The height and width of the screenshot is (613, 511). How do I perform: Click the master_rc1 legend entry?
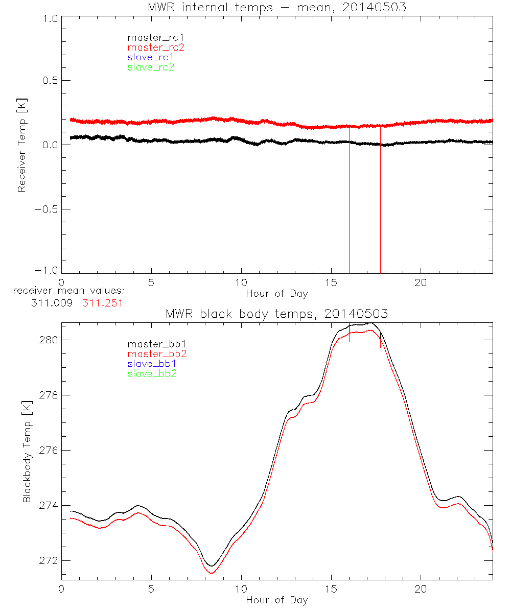pyautogui.click(x=151, y=37)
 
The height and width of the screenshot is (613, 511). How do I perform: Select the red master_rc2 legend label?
pyautogui.click(x=156, y=47)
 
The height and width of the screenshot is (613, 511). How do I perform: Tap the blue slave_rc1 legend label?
pyautogui.click(x=151, y=57)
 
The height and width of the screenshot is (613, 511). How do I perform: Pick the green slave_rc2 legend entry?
pyautogui.click(x=151, y=67)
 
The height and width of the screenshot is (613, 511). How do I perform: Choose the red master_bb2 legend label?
pyautogui.click(x=157, y=354)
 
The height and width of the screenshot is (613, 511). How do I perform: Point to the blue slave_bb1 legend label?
pyautogui.click(x=152, y=364)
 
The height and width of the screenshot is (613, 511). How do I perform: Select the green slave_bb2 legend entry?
pyautogui.click(x=152, y=373)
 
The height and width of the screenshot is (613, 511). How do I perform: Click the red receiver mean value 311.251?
pyautogui.click(x=102, y=303)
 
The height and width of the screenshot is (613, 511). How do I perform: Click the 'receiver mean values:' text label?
pyautogui.click(x=69, y=291)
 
